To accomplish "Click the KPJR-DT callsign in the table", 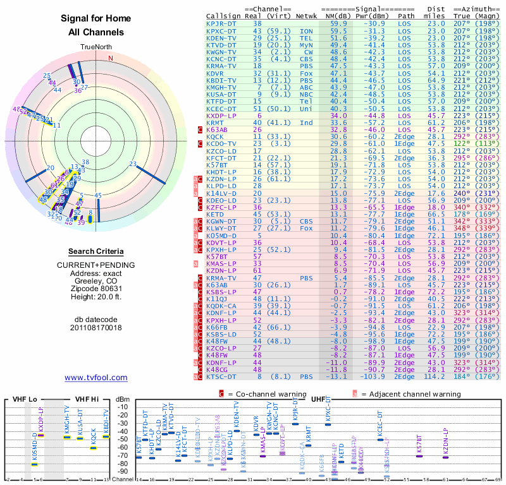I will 221,23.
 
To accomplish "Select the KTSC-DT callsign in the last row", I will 221,377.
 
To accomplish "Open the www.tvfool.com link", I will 96,378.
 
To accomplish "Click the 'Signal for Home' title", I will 96,18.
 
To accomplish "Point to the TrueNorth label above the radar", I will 96,47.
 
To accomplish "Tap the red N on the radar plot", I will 111,58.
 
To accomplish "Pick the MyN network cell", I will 306,45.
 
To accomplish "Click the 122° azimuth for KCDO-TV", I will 462,143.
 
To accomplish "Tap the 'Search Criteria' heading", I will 96,251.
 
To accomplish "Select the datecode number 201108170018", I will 96,328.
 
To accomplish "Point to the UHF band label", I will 318,399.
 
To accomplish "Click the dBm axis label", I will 123,399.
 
